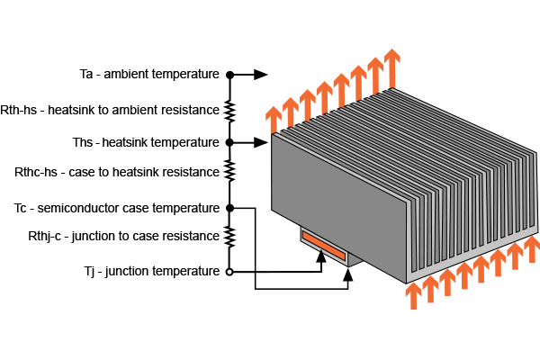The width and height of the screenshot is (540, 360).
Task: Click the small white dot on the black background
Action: (229, 272)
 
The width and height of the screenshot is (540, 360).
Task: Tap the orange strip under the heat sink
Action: (323, 246)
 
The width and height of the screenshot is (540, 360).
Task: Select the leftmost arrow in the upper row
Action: (274, 120)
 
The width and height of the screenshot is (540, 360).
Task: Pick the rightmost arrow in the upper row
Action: (391, 67)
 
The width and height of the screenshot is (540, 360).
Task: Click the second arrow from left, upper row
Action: (291, 112)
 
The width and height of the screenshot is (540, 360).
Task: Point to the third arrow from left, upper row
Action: (308, 103)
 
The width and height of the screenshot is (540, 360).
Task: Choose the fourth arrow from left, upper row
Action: (324, 96)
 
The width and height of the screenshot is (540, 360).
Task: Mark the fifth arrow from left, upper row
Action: (341, 88)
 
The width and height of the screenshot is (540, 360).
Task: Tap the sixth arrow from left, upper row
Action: (358, 81)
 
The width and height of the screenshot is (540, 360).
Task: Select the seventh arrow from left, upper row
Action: (375, 74)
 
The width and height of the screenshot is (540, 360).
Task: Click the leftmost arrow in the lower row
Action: (413, 295)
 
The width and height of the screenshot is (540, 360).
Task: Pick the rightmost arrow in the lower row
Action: (532, 248)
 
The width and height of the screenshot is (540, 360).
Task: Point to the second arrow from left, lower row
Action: (430, 288)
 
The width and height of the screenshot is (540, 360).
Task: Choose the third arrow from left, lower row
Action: (447, 282)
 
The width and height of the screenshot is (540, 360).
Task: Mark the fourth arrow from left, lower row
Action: (464, 274)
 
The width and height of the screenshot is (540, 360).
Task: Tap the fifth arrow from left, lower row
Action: (481, 268)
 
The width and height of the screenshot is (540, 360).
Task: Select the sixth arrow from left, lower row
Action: (498, 262)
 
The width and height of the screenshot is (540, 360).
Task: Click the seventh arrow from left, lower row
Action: (515, 255)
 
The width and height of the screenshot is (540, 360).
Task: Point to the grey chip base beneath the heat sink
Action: (354, 259)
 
